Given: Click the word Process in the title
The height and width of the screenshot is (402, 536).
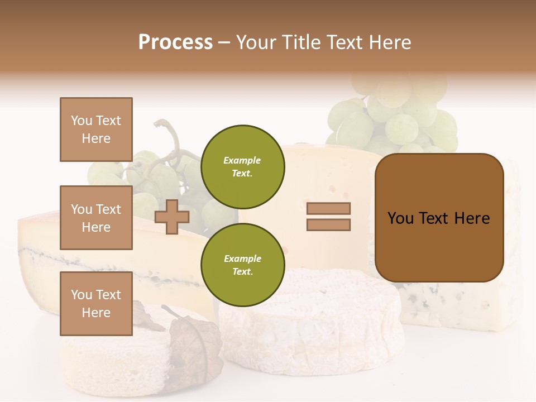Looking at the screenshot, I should [175, 42].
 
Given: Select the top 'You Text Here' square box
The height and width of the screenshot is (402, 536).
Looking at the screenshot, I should [96, 130].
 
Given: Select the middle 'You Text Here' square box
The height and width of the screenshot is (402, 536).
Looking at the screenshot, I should [96, 218].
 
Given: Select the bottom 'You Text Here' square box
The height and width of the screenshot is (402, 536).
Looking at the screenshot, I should [96, 304].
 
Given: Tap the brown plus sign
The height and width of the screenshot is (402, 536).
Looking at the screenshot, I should [171, 217].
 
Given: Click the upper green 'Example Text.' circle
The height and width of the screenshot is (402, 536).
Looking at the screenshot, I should [242, 167].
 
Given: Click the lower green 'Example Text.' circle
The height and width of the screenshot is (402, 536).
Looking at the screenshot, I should [242, 265].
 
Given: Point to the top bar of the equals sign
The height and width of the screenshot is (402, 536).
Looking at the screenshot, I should [328, 209].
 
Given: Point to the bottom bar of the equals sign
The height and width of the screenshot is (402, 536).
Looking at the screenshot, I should [328, 225].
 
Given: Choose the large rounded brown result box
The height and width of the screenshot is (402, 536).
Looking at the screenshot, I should [439, 218].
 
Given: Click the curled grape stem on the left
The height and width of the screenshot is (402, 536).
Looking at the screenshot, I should [165, 131].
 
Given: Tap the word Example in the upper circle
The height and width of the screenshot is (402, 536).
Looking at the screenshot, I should [242, 160].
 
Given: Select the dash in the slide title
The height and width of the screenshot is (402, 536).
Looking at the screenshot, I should [224, 42].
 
